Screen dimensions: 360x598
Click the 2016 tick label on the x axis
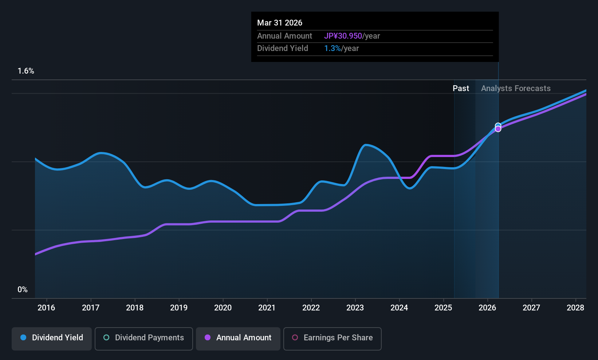pos(46,308)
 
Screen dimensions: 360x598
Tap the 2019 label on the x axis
pos(178,308)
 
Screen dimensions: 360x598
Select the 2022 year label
pos(311,308)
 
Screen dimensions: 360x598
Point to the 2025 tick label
pos(443,308)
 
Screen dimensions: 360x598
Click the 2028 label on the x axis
pos(575,308)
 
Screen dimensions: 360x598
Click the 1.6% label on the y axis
pos(26,71)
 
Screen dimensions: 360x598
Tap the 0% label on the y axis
pos(23,289)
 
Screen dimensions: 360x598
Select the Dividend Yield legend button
pos(52,338)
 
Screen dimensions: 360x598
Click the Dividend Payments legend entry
pos(143,338)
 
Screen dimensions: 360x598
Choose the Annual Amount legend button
pos(238,338)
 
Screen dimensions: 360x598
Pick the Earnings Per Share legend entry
pos(332,338)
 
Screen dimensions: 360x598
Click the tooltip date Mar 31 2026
pos(280,23)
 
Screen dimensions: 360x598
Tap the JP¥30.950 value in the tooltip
pos(343,36)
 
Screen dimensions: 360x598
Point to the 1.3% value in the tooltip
pos(332,48)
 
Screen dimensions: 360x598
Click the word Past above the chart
pos(461,88)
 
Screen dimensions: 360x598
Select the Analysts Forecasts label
pos(516,88)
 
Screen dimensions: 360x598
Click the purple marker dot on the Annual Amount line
pos(498,129)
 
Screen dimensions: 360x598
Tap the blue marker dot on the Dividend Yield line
pos(498,125)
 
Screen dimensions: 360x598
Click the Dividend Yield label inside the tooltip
pos(283,48)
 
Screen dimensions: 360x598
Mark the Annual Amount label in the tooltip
pos(284,36)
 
